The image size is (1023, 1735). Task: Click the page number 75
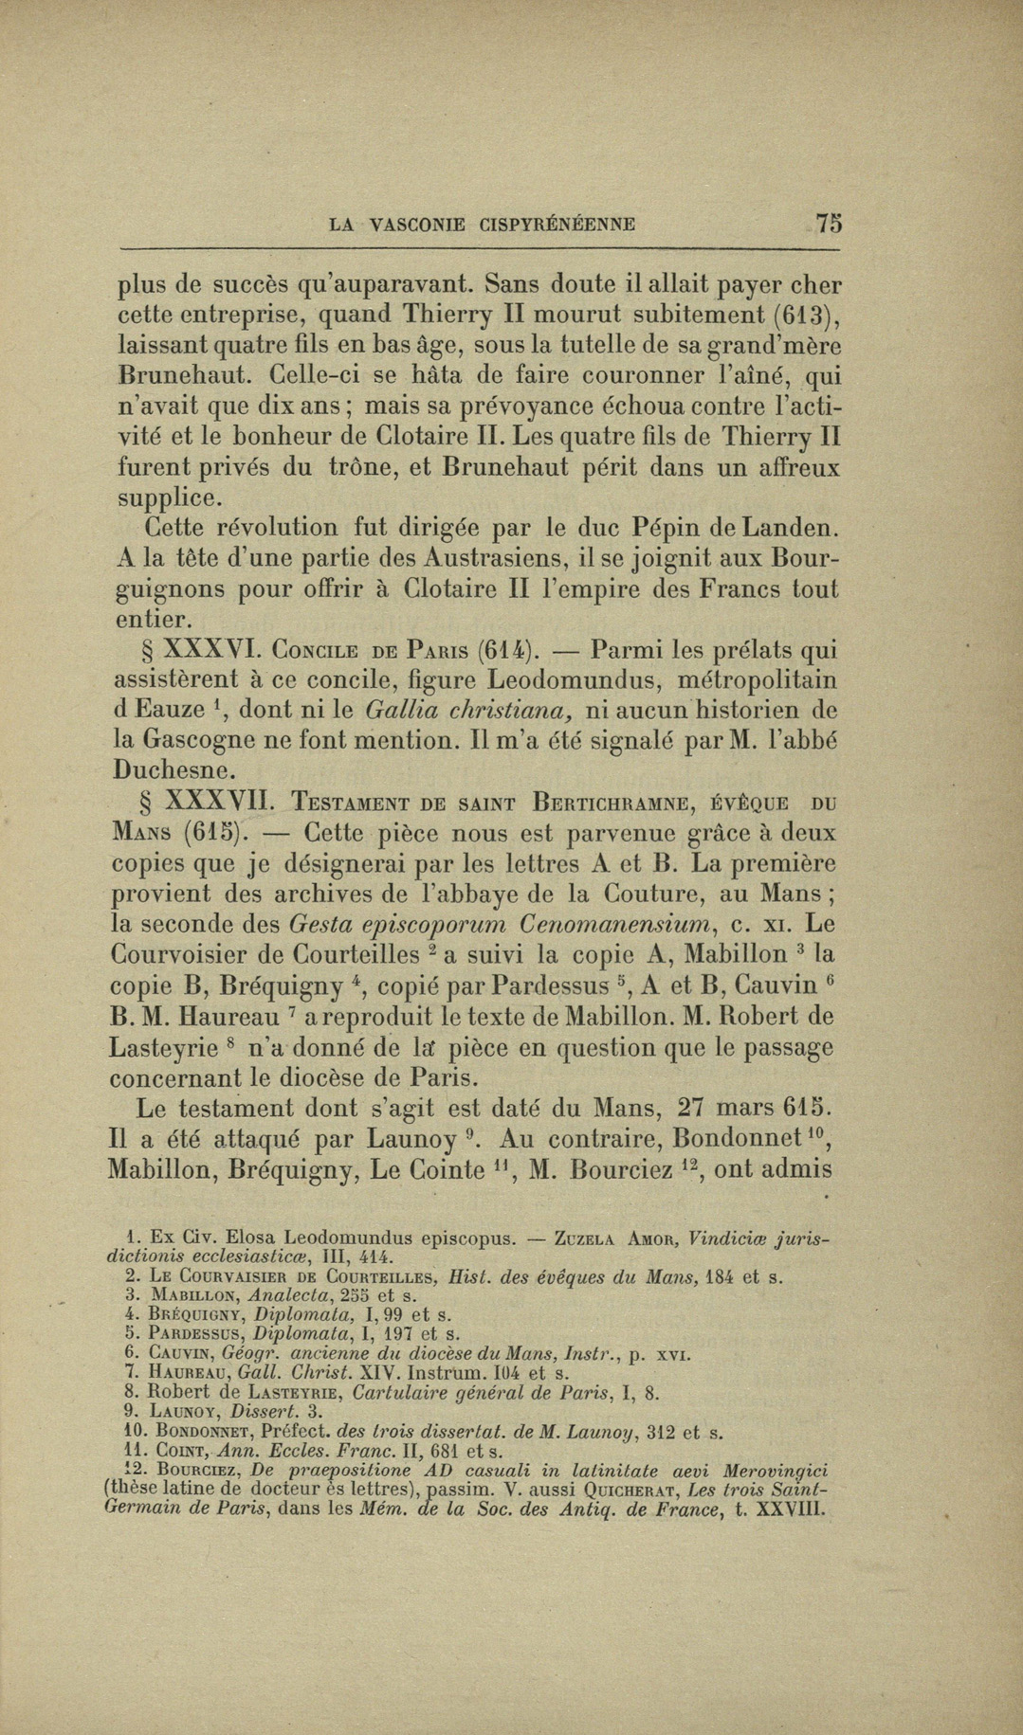tap(829, 224)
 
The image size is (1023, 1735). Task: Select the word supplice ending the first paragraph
tap(170, 497)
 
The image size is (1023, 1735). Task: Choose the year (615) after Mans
tap(213, 833)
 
